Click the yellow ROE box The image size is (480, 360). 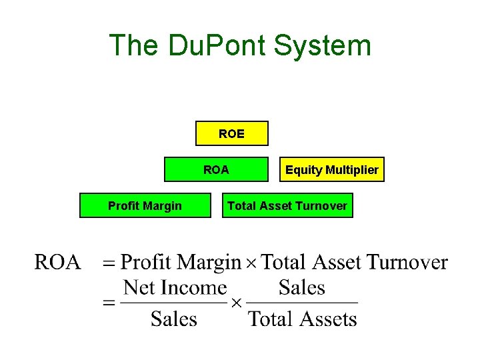pyautogui.click(x=231, y=133)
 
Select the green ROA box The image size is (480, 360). pyautogui.click(x=216, y=169)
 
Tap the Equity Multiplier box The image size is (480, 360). pyautogui.click(x=331, y=169)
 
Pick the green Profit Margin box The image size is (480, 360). pyautogui.click(x=145, y=205)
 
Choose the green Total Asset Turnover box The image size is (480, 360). pyautogui.click(x=287, y=205)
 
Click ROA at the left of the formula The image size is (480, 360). pyautogui.click(x=58, y=262)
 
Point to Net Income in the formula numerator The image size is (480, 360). pyautogui.click(x=175, y=287)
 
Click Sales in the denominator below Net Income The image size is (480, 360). pyautogui.click(x=174, y=318)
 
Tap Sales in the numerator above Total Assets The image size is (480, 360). pyautogui.click(x=302, y=287)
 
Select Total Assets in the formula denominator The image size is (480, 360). pyautogui.click(x=303, y=318)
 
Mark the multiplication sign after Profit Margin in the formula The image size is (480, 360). pyautogui.click(x=251, y=263)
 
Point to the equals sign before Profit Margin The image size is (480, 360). pyautogui.click(x=109, y=263)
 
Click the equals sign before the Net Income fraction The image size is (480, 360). pyautogui.click(x=109, y=303)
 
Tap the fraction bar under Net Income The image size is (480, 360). pyautogui.click(x=175, y=303)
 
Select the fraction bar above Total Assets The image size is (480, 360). pyautogui.click(x=303, y=303)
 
